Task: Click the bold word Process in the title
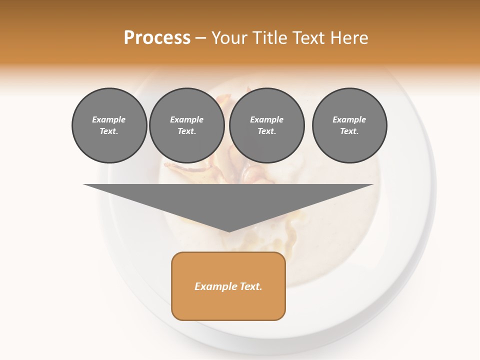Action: (157, 38)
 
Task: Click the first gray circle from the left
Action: (109, 125)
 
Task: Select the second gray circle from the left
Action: (187, 125)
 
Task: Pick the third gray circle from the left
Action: (267, 125)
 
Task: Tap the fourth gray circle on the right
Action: (349, 125)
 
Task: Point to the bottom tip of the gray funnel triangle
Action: (229, 231)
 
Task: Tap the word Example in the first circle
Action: (109, 119)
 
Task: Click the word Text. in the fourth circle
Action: (349, 131)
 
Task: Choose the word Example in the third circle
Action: (267, 119)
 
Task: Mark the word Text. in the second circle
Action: (187, 131)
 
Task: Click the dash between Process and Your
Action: (200, 38)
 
